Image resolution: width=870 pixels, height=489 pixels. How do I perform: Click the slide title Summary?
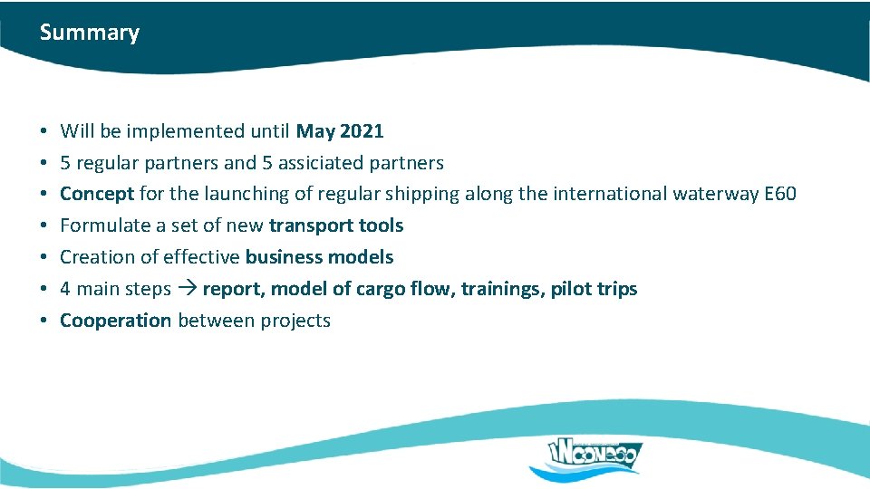point(89,33)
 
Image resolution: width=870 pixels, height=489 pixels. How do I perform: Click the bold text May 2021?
point(340,131)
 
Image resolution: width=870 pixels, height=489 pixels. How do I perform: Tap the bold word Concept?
point(97,194)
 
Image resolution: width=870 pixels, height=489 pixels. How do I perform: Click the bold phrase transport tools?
point(336,225)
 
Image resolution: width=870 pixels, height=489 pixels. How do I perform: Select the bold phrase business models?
point(319,257)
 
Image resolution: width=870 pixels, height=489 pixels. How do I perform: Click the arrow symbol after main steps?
point(187,289)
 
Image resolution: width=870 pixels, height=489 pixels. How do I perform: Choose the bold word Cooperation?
point(115,321)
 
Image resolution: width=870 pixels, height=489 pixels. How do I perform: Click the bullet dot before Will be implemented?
point(44,132)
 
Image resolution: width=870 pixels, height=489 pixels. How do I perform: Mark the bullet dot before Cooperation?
point(44,321)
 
